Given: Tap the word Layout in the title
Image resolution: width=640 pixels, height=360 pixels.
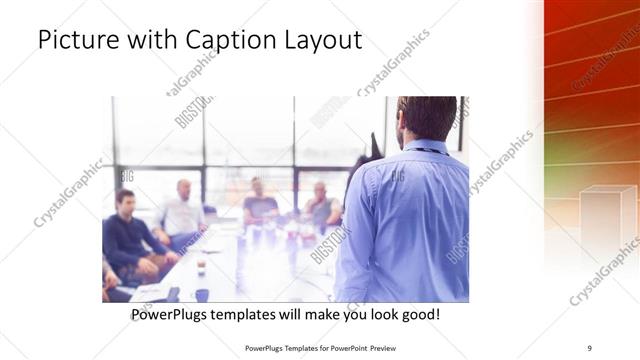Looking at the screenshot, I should [x=323, y=41].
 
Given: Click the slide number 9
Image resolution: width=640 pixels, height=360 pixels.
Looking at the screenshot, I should [x=590, y=348].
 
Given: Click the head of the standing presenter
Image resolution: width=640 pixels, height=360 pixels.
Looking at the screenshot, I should [x=427, y=118].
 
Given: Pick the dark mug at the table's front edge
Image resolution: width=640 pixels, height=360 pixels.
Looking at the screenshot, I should [x=202, y=294].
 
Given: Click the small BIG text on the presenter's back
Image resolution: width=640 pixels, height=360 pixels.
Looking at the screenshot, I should [x=397, y=175].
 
